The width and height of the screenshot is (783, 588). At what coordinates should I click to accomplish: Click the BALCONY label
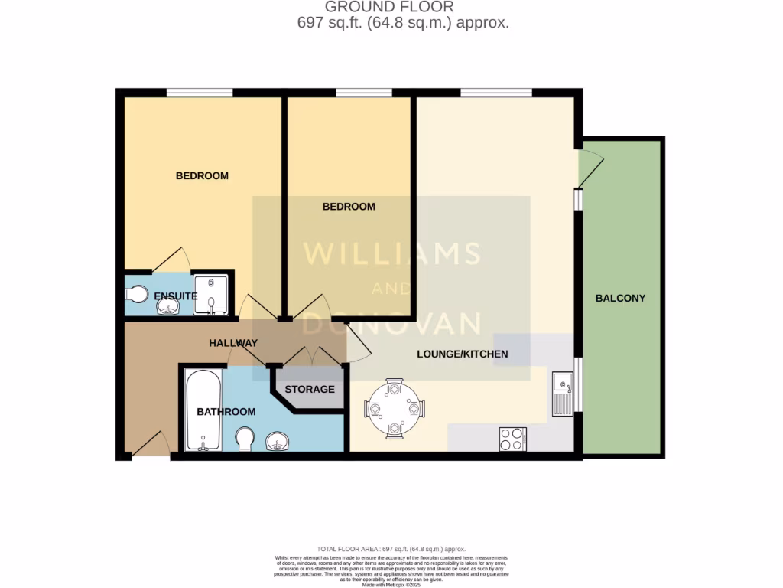620,298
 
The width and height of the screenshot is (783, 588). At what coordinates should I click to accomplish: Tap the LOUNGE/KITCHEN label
462,354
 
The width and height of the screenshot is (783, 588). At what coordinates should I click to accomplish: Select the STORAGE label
310,389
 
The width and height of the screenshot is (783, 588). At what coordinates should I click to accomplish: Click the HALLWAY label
233,343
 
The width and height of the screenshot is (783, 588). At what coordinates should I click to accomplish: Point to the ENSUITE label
176,296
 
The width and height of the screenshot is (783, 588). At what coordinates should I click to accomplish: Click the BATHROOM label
226,412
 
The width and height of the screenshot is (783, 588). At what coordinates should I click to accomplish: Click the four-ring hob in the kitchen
512,439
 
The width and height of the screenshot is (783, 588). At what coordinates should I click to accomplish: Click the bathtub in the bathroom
203,410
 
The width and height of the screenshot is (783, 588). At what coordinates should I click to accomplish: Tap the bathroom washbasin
277,442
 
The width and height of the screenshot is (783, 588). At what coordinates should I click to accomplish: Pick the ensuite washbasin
167,307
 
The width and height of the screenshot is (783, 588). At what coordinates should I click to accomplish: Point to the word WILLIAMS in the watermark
391,253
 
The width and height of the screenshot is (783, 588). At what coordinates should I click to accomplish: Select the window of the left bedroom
200,93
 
